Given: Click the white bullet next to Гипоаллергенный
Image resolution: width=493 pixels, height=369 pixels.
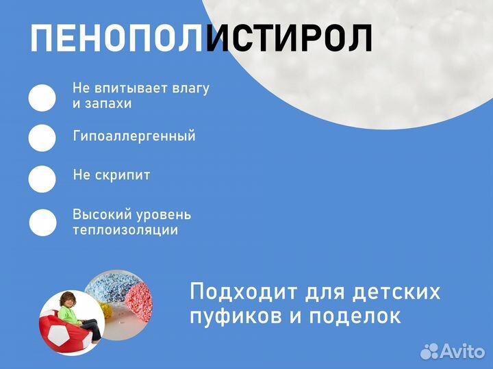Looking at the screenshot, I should (42, 137).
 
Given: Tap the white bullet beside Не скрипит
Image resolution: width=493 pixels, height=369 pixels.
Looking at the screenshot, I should (42, 179).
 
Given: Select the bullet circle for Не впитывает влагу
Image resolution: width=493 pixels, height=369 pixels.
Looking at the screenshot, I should (42, 98).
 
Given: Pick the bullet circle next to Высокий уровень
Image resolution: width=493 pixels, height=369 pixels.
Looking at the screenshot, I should (42, 222).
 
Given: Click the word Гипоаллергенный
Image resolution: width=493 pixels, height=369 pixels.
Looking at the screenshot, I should (134, 136).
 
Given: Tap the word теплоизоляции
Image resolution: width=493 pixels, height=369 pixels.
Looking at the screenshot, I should (125, 231).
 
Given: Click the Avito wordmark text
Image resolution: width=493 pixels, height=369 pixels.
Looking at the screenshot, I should (462, 351).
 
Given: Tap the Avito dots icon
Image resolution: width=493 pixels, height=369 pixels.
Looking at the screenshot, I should (429, 351).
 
